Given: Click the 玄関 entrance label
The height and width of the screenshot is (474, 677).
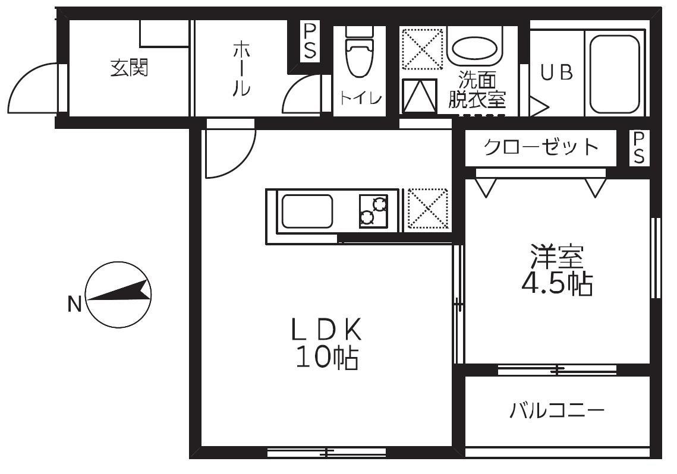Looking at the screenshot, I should [129, 69].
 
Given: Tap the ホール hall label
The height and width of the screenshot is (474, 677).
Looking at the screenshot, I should [240, 69].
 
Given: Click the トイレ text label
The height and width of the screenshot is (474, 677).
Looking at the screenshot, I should [360, 99].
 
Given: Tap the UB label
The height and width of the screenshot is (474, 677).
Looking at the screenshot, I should [557, 72].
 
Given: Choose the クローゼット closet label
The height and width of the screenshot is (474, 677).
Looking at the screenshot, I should [540, 147].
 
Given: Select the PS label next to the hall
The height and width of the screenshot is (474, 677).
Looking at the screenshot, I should [310, 42].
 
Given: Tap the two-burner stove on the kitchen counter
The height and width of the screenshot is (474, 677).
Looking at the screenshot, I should [373, 211].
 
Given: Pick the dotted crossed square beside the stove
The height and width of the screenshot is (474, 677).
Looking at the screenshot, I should [426, 210].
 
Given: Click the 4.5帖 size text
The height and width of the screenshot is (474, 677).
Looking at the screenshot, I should [557, 285].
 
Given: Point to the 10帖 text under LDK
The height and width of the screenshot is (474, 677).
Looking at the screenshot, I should [326, 358].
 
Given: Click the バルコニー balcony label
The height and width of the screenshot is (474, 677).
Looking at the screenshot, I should [557, 410].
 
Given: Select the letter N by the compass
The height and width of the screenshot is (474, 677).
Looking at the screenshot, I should [74, 305].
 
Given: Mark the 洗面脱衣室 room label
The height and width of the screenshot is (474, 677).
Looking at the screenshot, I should [477, 90].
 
